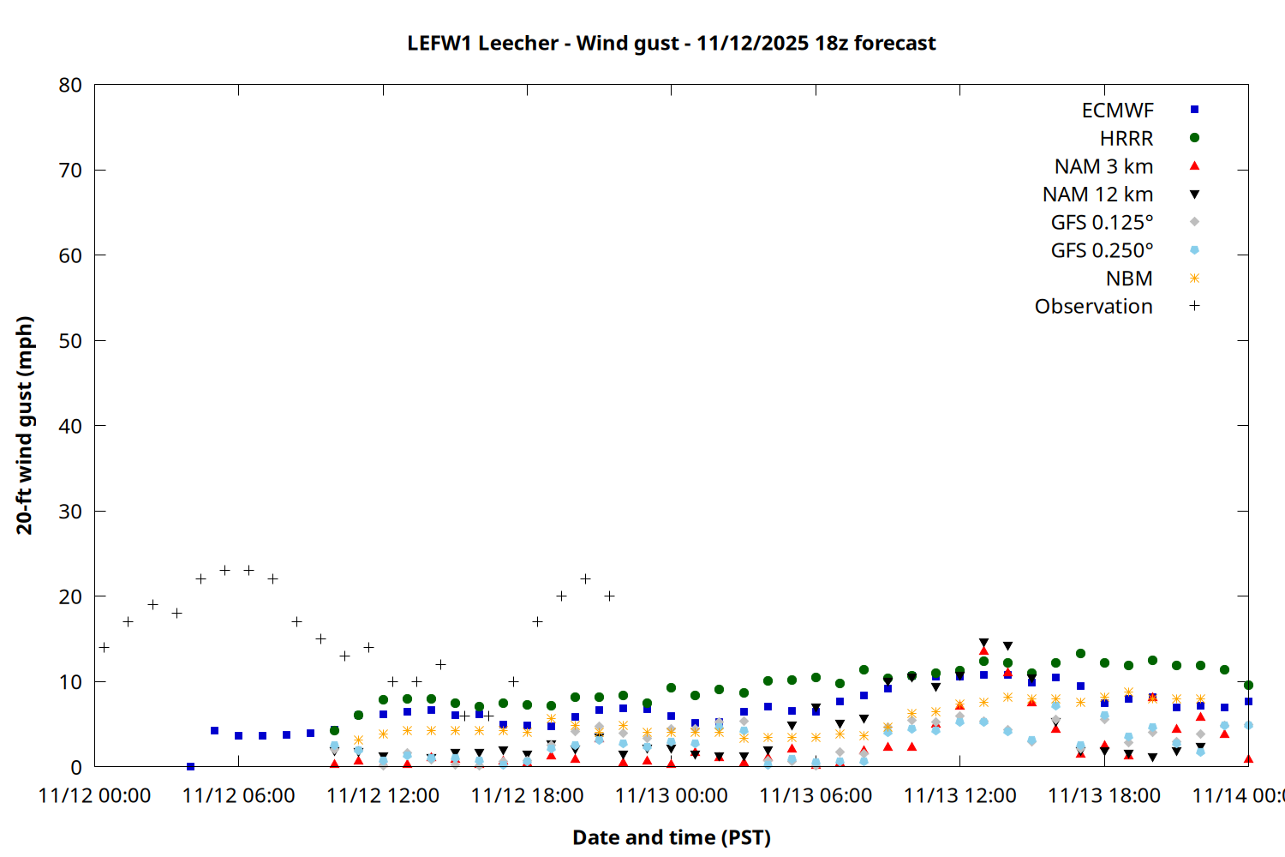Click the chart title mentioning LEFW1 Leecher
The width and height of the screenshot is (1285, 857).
tap(671, 43)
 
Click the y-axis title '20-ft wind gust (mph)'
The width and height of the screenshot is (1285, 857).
tap(24, 425)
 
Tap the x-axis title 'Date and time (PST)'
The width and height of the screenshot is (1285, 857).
tap(671, 837)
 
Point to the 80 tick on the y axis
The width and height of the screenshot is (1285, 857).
tap(70, 85)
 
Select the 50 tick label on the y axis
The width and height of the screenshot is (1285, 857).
tap(70, 340)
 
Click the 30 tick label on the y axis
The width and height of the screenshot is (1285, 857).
tap(70, 511)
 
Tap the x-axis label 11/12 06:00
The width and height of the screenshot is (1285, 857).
tap(238, 795)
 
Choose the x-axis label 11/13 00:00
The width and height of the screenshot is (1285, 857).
tap(671, 795)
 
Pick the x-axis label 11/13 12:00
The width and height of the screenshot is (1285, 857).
tap(959, 795)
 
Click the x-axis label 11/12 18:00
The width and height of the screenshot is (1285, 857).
tap(527, 795)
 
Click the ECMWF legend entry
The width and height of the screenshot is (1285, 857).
tap(1117, 111)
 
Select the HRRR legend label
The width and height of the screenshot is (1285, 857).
tap(1127, 138)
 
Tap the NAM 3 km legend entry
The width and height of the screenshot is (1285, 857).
tap(1103, 166)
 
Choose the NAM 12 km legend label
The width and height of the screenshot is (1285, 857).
tap(1097, 195)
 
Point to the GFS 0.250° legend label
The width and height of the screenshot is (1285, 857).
tap(1102, 250)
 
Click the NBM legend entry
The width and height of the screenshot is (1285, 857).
tap(1129, 279)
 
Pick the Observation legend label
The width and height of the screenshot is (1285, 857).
tap(1093, 306)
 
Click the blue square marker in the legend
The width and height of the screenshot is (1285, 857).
tap(1194, 110)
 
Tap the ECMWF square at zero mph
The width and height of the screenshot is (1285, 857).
tap(190, 766)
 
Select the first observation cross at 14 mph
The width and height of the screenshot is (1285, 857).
tap(104, 647)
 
